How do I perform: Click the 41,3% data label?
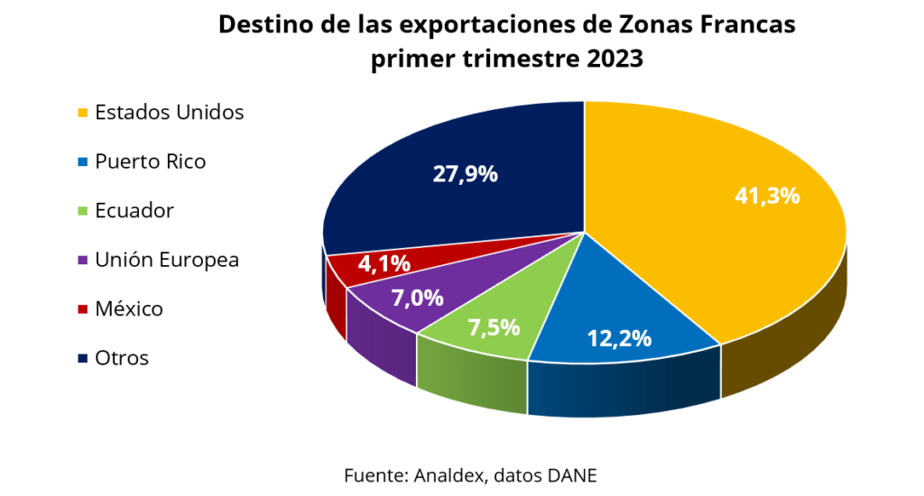767,195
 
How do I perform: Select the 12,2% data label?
619,338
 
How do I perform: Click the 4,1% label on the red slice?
384,264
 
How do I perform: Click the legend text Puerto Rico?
150,162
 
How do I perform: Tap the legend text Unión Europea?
167,261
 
